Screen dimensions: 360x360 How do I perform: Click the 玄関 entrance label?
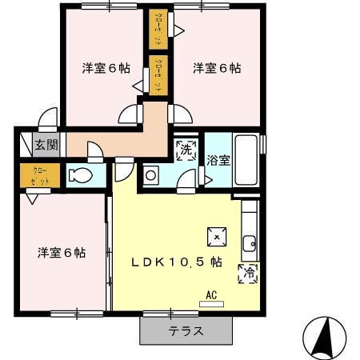click(46, 145)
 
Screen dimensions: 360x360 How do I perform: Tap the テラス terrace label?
click(186, 330)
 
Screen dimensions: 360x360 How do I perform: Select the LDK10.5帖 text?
click(177, 262)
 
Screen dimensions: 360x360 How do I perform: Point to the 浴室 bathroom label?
click(218, 159)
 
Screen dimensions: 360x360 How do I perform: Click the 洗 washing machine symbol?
click(186, 150)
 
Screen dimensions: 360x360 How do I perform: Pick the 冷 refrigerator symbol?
click(246, 273)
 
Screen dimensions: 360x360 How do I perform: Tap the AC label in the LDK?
click(212, 294)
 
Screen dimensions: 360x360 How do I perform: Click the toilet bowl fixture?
click(80, 176)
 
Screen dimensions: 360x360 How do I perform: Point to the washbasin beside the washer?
click(151, 176)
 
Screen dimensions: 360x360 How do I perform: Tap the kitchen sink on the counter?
click(250, 241)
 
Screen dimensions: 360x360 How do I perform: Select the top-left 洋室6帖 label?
click(106, 68)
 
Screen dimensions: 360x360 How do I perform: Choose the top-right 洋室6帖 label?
click(216, 68)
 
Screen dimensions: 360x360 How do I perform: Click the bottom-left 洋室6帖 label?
click(62, 253)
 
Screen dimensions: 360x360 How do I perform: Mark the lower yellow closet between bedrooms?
click(157, 74)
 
